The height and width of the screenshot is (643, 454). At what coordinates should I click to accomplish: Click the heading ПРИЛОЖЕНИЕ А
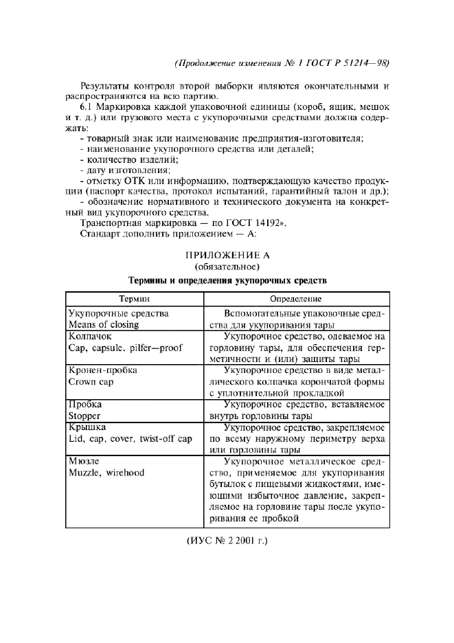[x=226, y=254]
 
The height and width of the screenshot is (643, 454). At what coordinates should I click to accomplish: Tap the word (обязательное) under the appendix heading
[x=226, y=267]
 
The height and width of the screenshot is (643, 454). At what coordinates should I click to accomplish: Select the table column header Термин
[x=135, y=300]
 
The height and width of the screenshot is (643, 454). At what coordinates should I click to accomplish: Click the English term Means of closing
[x=104, y=324]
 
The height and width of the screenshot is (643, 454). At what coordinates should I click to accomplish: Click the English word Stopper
[x=85, y=416]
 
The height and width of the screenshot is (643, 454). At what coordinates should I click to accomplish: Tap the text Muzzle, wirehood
[x=106, y=473]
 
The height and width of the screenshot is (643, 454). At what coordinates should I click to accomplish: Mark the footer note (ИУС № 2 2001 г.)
[x=226, y=541]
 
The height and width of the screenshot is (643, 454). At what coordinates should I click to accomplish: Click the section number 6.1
[x=88, y=108]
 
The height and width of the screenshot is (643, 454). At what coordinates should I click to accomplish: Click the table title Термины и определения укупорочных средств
[x=226, y=280]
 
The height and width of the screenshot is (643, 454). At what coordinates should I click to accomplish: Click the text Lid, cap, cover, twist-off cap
[x=130, y=438]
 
